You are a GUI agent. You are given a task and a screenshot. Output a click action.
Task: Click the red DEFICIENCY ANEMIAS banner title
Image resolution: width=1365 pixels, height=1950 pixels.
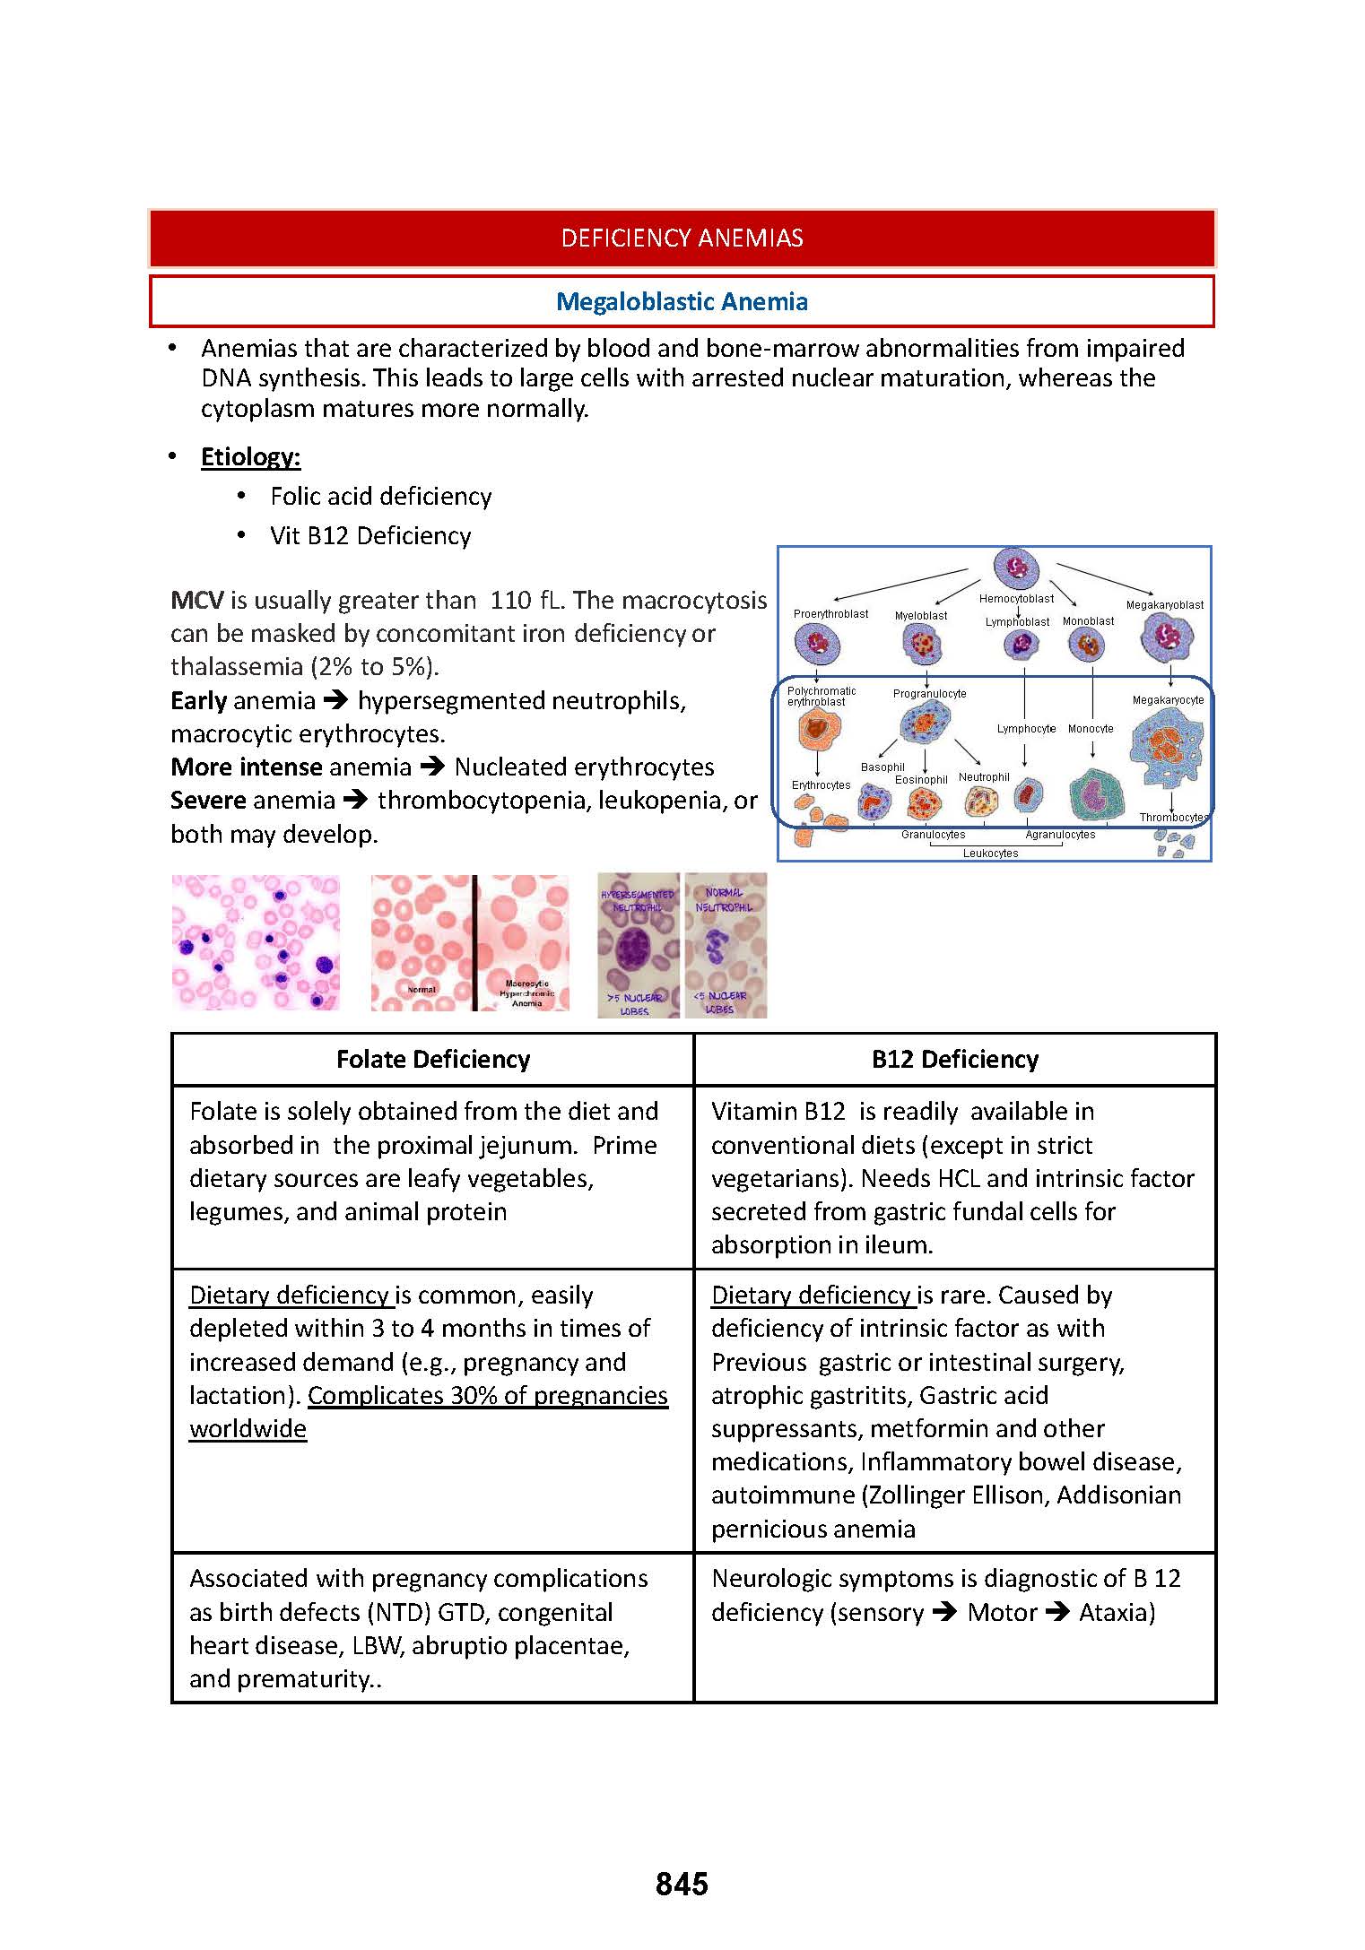pyautogui.click(x=682, y=238)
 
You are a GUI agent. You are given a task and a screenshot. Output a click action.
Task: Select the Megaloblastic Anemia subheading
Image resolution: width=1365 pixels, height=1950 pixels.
pyautogui.click(x=682, y=301)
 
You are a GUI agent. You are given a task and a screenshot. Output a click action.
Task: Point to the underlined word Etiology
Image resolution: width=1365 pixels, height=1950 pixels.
pyautogui.click(x=250, y=457)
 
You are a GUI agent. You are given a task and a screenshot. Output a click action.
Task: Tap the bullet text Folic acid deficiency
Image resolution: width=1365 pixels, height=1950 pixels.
pyautogui.click(x=380, y=497)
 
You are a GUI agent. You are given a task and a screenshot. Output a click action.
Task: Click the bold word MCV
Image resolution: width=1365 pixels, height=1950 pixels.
pyautogui.click(x=196, y=600)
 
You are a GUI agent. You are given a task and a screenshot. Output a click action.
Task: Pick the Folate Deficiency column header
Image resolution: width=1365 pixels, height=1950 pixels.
pyautogui.click(x=433, y=1060)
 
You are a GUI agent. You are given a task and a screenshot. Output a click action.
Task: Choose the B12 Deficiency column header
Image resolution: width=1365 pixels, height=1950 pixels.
pyautogui.click(x=955, y=1060)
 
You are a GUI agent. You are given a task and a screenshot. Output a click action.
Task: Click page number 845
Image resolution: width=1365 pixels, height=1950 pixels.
pyautogui.click(x=682, y=1884)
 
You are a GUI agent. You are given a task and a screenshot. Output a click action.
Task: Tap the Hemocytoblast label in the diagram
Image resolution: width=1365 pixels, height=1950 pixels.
pyautogui.click(x=1016, y=599)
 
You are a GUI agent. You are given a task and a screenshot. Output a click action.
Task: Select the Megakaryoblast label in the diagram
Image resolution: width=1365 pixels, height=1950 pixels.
pyautogui.click(x=1164, y=605)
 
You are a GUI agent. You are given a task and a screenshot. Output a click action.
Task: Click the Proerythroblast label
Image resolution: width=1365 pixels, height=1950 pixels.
pyautogui.click(x=830, y=614)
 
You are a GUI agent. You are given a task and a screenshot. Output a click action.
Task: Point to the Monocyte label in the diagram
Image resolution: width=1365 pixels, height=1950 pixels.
pyautogui.click(x=1091, y=729)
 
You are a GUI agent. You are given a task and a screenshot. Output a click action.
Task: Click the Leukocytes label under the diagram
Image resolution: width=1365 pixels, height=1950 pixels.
pyautogui.click(x=990, y=854)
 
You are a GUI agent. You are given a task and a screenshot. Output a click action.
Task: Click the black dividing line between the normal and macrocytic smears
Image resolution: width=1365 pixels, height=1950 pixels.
pyautogui.click(x=474, y=943)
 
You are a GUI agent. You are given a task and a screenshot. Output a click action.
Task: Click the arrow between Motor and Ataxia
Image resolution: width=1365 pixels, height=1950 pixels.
pyautogui.click(x=1058, y=1612)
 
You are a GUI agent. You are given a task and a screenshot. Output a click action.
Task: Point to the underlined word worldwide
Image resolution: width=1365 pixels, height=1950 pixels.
pyautogui.click(x=248, y=1429)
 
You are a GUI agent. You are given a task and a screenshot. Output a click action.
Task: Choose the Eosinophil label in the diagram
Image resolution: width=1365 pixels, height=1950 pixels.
pyautogui.click(x=921, y=780)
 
